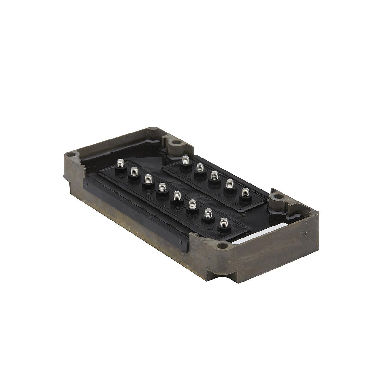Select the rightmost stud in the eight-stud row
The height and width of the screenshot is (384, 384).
click(x=224, y=223)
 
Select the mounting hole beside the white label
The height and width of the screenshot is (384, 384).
click(x=224, y=245)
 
